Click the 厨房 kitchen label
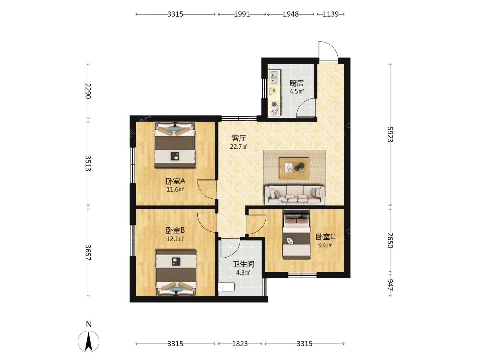[x=296, y=83]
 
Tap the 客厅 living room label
[x=239, y=138]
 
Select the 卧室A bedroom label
[x=175, y=181]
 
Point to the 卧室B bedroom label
[x=175, y=230]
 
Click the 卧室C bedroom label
[x=325, y=237]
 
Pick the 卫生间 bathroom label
[x=243, y=264]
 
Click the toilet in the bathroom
[x=226, y=287]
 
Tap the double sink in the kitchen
[x=274, y=77]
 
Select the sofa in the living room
[x=294, y=195]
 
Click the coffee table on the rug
[x=294, y=168]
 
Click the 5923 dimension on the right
[x=390, y=135]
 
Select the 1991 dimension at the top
[x=242, y=14]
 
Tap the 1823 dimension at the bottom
[x=240, y=344]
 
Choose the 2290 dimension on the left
[x=88, y=91]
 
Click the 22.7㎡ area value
[x=239, y=146]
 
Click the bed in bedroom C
[x=296, y=234]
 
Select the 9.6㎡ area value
[x=325, y=245]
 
